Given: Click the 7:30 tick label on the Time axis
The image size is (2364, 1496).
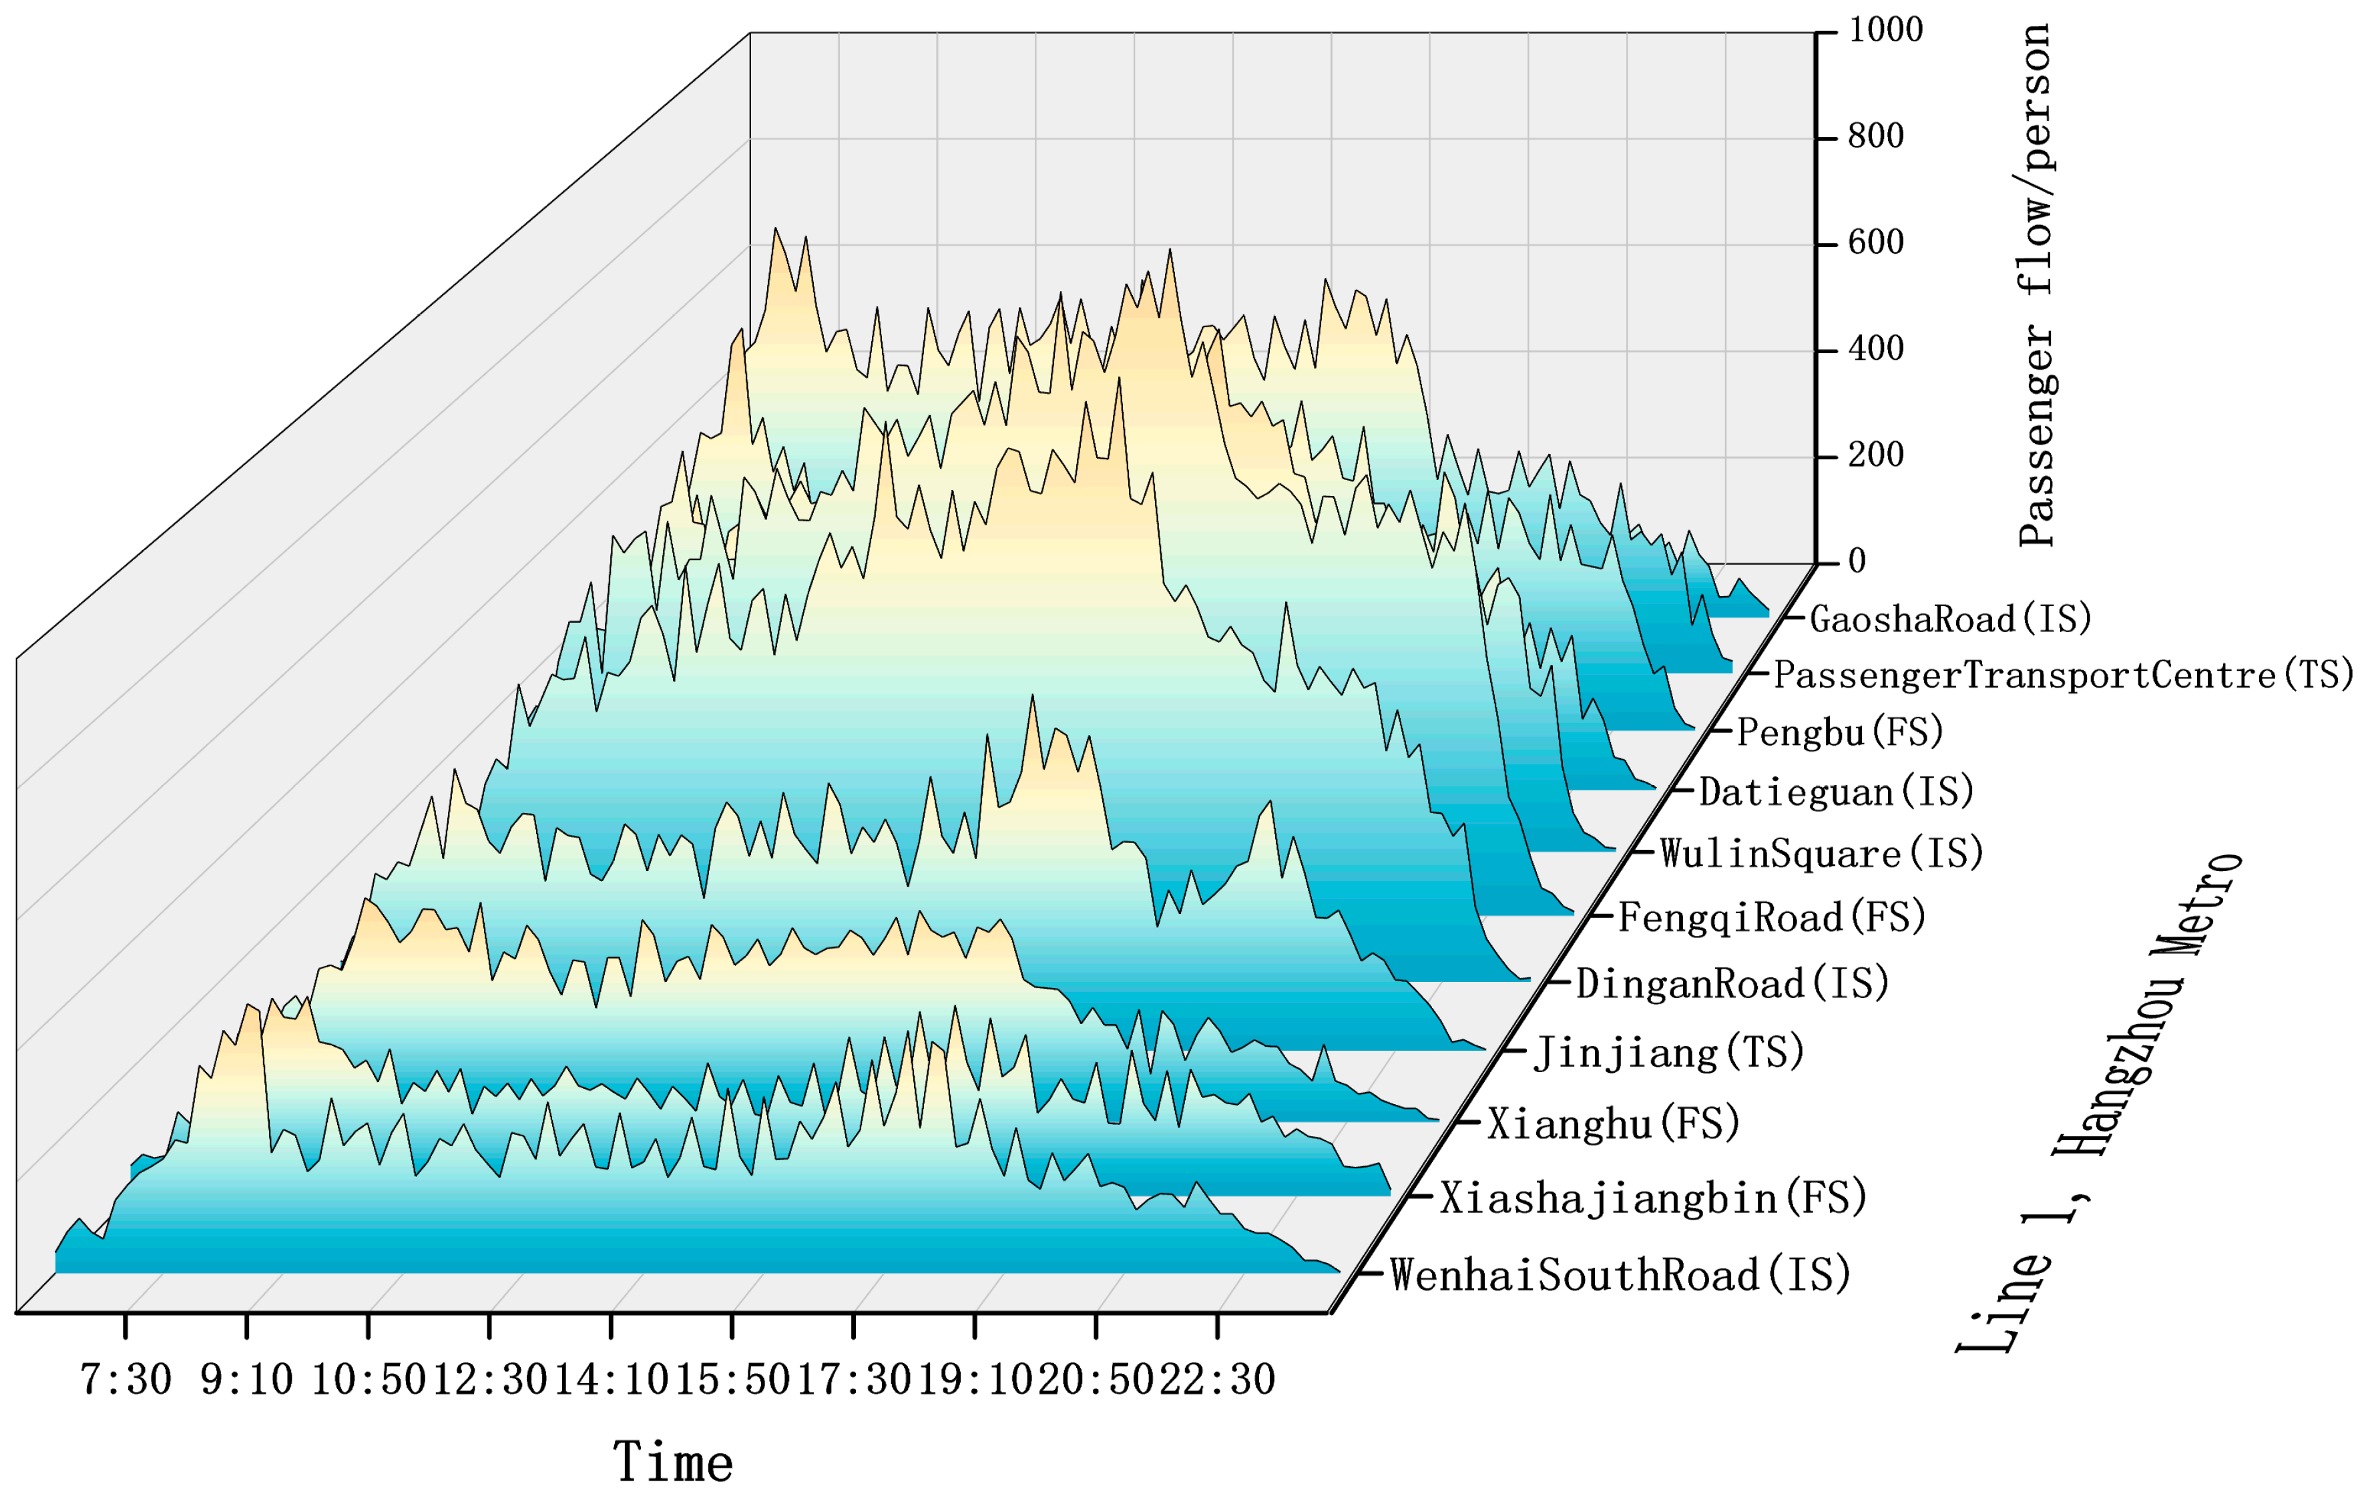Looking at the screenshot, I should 126,1379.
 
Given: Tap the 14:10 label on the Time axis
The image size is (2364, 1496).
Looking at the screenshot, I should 611,1379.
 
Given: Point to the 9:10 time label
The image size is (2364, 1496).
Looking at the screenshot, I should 246,1379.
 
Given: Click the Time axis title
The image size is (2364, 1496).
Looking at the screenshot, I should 674,1462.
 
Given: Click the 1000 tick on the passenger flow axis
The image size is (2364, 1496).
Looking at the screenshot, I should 1885,31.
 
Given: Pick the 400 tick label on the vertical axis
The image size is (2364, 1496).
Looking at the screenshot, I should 1875,349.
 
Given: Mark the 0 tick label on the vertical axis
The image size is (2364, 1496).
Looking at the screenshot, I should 1857,561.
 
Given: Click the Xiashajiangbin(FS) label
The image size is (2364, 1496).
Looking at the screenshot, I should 1653,1198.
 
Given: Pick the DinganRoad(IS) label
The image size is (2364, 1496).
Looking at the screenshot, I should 1732,983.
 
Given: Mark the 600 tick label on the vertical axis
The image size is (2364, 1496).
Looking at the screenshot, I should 1875,242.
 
